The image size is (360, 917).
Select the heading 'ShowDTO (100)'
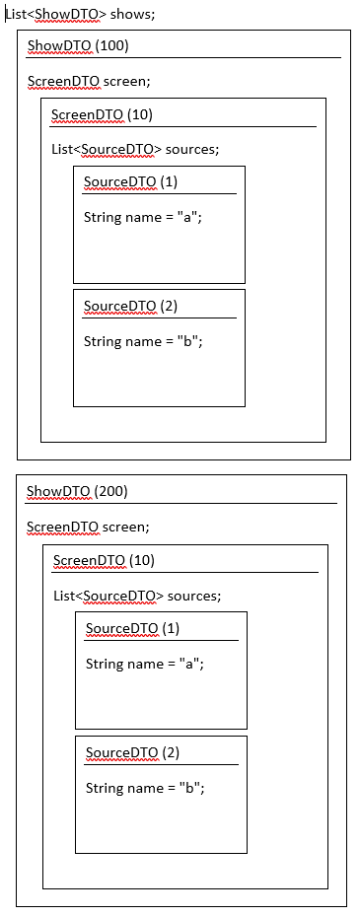[78, 46]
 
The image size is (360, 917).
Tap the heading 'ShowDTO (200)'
[77, 491]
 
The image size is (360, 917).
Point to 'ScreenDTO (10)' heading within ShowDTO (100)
[102, 114]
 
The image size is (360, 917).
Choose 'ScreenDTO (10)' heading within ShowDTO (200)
[104, 560]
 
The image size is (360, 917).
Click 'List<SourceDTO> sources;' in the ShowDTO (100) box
[135, 149]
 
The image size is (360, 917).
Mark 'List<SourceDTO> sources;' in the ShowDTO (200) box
[137, 596]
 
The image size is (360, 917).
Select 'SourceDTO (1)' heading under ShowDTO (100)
[130, 182]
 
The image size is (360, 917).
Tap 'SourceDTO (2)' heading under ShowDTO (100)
[130, 306]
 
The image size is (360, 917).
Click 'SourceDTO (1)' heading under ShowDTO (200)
[132, 628]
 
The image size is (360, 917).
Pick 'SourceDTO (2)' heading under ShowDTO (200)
[132, 752]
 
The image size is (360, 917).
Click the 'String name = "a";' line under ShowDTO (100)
[142, 217]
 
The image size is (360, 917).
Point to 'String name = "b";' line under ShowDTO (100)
[143, 341]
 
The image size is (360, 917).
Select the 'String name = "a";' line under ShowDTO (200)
[144, 664]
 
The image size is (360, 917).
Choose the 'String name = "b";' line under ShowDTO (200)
[145, 788]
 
